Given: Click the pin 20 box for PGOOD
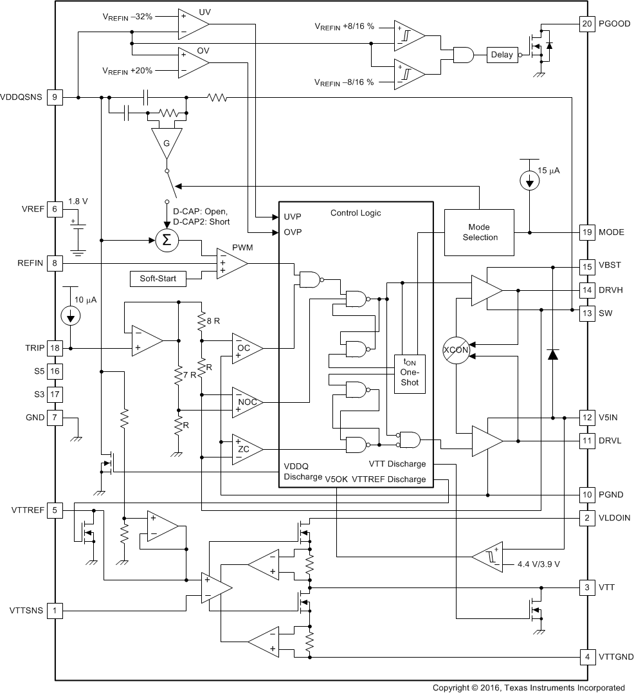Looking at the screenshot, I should tap(586, 24).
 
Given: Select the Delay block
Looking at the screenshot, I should tap(502, 55).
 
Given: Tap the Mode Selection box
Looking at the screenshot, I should tap(480, 232).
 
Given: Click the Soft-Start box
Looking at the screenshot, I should tap(158, 279).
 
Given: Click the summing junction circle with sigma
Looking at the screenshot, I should tap(167, 241).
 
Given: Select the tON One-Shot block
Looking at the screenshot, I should tap(409, 372).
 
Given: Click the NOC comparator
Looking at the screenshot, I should tap(246, 402).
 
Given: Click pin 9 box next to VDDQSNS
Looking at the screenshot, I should tap(55, 97).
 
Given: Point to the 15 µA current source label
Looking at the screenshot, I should tap(548, 171).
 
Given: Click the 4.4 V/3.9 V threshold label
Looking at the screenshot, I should tap(539, 564).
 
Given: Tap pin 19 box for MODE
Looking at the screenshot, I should tap(586, 232).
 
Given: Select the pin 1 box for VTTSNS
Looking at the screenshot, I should tap(55, 610).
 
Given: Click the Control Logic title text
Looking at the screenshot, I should tap(355, 213).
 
